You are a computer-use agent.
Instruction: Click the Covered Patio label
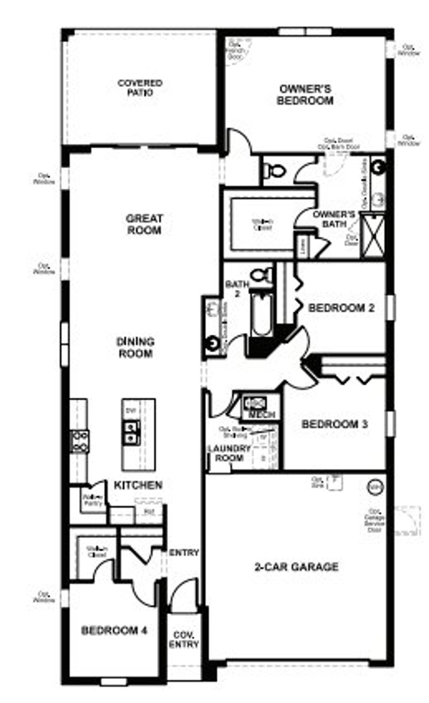click(x=140, y=88)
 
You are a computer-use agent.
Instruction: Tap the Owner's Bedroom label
click(x=305, y=95)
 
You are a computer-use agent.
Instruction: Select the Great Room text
click(x=144, y=224)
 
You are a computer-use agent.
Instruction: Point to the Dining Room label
click(x=135, y=347)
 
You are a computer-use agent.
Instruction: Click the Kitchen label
click(x=138, y=485)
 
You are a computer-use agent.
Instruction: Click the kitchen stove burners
click(x=80, y=441)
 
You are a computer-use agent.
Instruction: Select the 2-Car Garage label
click(x=296, y=567)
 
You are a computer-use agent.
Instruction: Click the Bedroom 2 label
click(x=341, y=308)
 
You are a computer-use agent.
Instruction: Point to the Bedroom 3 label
click(x=334, y=424)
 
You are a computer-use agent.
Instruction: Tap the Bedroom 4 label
click(x=114, y=630)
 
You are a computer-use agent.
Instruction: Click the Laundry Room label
click(x=229, y=453)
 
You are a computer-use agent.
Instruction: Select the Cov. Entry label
click(x=184, y=640)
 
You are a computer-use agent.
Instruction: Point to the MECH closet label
click(x=262, y=414)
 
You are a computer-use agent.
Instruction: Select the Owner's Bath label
click(x=334, y=219)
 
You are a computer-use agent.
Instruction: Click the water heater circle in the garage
click(x=375, y=486)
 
